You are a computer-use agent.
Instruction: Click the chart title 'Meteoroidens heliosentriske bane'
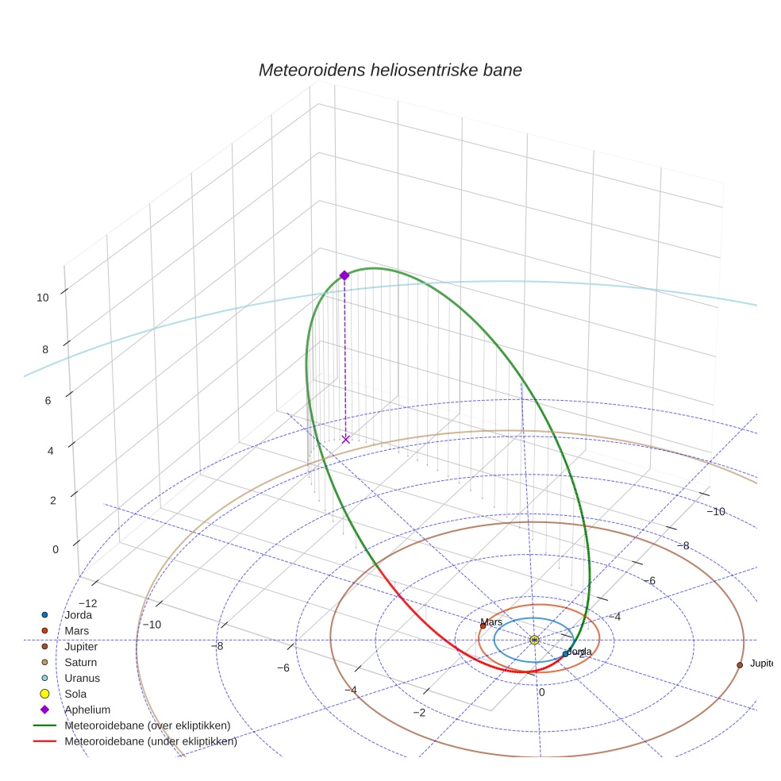[390, 70]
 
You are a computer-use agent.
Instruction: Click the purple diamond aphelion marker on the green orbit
[344, 275]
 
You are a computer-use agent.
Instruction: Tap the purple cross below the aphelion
[345, 439]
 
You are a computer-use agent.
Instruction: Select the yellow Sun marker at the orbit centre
[534, 640]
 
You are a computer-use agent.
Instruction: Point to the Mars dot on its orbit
[483, 626]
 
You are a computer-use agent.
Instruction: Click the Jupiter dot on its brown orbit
[740, 664]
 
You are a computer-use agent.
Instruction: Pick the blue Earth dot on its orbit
[566, 654]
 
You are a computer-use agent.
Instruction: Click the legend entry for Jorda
[78, 615]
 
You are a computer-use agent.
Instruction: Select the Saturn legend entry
[82, 663]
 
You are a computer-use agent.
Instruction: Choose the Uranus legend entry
[82, 679]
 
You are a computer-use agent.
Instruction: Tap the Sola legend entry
[76, 694]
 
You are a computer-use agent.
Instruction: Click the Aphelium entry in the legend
[87, 710]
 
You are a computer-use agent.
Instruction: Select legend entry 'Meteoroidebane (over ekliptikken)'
[147, 725]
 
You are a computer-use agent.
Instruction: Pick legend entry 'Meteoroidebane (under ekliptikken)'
[150, 742]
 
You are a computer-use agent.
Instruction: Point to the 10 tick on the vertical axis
[43, 298]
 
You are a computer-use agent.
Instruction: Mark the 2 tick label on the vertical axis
[52, 500]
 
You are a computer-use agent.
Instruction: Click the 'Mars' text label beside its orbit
[491, 622]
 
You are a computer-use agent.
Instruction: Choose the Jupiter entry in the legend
[82, 647]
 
